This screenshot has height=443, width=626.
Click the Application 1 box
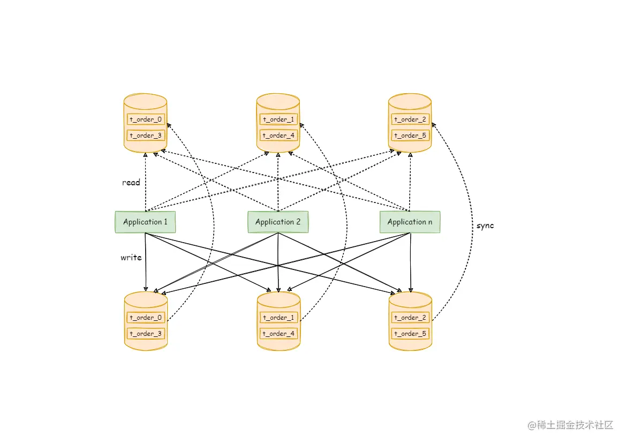tap(145, 222)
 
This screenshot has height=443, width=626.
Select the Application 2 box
tap(278, 222)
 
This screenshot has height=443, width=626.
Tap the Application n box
tap(410, 222)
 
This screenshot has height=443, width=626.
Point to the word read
tap(131, 183)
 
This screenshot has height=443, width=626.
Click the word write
tap(131, 258)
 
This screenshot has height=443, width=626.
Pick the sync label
tap(485, 226)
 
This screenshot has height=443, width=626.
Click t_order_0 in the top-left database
tap(145, 119)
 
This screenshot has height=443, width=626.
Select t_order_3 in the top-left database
tap(145, 136)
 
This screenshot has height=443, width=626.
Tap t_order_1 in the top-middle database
tap(278, 119)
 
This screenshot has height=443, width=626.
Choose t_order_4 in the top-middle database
tap(278, 136)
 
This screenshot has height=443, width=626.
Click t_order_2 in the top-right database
tap(410, 119)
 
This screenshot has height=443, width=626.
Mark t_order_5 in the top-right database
tap(410, 136)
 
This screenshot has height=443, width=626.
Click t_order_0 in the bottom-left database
tap(145, 317)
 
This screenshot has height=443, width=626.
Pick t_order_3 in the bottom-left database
tap(145, 334)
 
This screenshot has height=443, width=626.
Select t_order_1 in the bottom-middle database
tap(278, 317)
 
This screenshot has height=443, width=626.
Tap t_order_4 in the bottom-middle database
tap(278, 334)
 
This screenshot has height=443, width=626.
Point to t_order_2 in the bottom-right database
tap(410, 317)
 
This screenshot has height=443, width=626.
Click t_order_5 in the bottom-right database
tap(410, 334)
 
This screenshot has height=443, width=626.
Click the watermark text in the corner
tap(571, 425)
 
